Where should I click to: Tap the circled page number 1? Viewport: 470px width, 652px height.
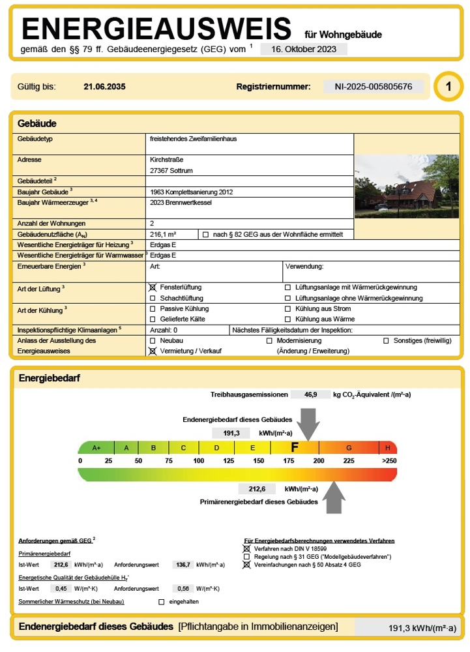pos(448,87)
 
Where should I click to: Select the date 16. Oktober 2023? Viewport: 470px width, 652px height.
pos(303,49)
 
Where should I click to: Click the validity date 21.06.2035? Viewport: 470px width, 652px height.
pos(104,87)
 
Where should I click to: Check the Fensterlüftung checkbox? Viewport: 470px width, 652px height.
pos(153,288)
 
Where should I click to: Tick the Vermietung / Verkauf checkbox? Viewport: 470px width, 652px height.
pos(153,351)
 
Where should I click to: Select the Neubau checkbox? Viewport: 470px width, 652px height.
pos(153,341)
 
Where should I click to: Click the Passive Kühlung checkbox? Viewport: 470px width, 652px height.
pos(153,308)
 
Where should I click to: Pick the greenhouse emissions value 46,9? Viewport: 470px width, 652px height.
pos(311,394)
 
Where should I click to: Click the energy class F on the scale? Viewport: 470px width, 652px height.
pos(295,447)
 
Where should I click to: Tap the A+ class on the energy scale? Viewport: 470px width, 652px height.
pos(96,448)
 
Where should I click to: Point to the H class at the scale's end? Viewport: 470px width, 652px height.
pos(388,448)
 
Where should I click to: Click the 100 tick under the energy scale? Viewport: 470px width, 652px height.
pos(198,461)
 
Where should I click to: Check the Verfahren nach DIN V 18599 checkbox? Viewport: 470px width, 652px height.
pos(246,549)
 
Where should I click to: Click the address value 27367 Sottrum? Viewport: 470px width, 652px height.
pos(171,171)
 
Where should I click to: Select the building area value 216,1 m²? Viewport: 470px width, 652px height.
pos(164,234)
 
